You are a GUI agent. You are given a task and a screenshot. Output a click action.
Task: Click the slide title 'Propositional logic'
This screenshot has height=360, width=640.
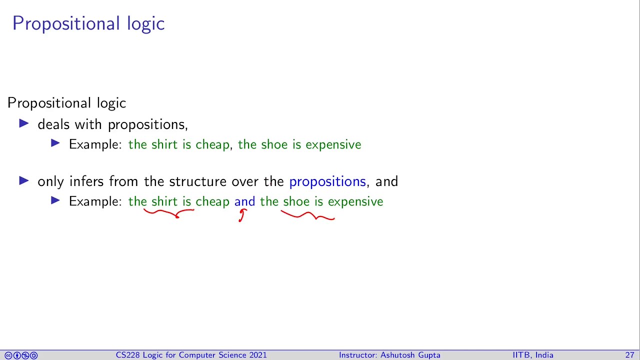point(88,23)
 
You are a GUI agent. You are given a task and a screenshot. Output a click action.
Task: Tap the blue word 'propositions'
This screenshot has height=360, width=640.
point(327,181)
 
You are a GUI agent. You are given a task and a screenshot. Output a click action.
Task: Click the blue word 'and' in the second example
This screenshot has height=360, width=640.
point(244,201)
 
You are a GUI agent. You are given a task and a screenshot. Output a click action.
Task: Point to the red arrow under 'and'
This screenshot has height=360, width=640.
point(242,215)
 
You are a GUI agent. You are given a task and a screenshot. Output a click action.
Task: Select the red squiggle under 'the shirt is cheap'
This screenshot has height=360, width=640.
point(169,213)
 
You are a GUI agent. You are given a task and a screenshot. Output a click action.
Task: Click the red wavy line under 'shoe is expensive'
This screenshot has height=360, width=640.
point(307,215)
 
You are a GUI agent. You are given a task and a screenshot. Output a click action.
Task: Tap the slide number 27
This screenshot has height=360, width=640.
point(629,355)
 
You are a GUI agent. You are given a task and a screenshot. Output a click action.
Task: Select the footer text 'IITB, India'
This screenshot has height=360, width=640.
point(532,355)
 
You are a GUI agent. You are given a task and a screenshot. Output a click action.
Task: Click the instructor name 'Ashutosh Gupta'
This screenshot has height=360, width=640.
point(410,355)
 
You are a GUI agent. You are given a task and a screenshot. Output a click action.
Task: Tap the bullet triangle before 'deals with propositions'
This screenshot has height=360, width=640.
point(24,123)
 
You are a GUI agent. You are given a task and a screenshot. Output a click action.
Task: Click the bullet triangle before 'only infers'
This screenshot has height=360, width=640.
point(24,180)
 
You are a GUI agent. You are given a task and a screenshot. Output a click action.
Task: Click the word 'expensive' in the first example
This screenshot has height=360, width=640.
point(333,145)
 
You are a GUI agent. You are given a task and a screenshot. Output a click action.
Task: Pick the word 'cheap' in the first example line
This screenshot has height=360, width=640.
point(212,145)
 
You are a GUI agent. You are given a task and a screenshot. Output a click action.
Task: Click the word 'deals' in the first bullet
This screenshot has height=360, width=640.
point(53,124)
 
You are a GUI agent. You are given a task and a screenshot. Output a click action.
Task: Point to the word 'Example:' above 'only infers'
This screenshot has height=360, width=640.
point(95,144)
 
